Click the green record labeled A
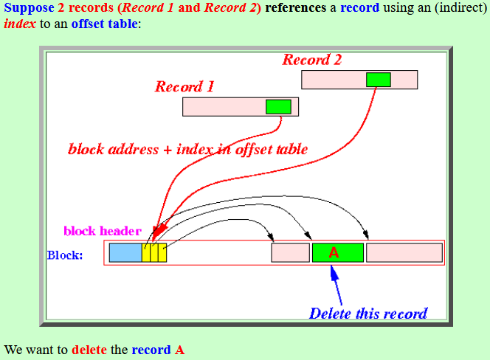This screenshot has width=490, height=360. pos(338,252)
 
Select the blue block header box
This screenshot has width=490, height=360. pos(125,252)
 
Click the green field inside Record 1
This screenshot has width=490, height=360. pos(278,107)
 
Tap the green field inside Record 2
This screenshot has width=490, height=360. pos(379,80)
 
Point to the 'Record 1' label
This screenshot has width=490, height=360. pos(184,86)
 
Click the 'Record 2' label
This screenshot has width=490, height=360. pos(312,60)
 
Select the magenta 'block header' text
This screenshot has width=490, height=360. pos(103,231)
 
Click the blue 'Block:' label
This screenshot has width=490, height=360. pos(65,255)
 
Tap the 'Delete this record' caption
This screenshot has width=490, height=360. pos(368,314)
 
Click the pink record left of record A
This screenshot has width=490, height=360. pos(290,252)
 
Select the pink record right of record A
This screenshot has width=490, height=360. pos(404,252)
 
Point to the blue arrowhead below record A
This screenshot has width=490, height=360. pos(334,272)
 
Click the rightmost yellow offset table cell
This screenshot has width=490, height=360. pos(162,252)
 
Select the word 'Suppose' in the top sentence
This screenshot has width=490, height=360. pos(29,8)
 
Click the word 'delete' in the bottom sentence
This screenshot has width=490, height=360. pos(89,350)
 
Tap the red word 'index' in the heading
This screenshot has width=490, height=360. pos(20,24)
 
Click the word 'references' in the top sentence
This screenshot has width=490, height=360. pos(296,7)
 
